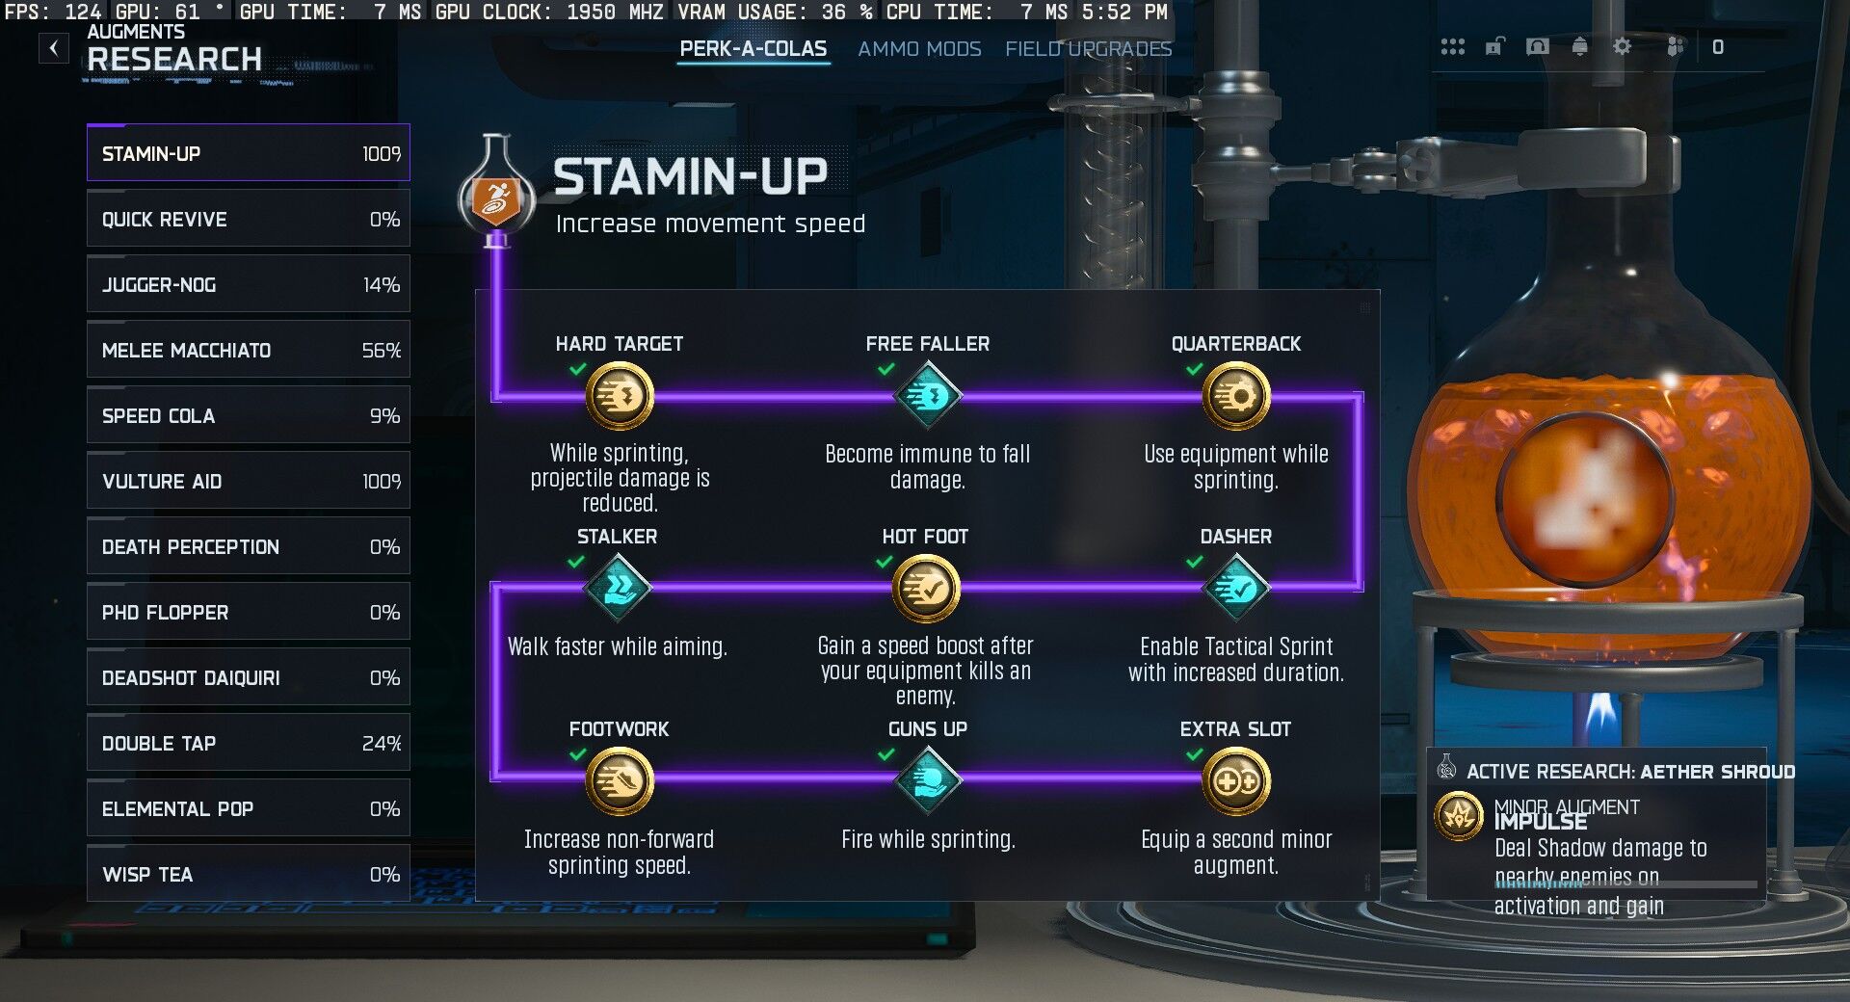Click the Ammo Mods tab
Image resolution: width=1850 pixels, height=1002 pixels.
[919, 49]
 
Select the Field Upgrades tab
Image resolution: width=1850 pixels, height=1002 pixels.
[1088, 49]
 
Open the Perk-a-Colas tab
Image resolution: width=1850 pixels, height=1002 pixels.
[753, 49]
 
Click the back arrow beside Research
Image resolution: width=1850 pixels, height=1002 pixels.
[54, 48]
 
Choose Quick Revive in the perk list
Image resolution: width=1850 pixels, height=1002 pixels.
[248, 220]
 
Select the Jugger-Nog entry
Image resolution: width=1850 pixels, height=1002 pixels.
[248, 285]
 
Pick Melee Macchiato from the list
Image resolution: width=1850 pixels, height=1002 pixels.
[248, 351]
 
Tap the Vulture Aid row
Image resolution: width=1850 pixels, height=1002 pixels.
[248, 482]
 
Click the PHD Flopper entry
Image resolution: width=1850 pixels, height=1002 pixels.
[248, 613]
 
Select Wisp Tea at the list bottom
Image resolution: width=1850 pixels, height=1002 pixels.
[248, 875]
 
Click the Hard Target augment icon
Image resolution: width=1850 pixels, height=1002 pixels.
[620, 396]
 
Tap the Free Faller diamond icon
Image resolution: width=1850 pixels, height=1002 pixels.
[928, 396]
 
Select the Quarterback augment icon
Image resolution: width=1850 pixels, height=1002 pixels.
[1236, 396]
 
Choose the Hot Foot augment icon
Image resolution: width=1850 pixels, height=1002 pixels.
[926, 589]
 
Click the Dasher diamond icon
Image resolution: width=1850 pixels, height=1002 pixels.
[1236, 589]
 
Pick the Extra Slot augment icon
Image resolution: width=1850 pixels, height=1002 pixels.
[1236, 781]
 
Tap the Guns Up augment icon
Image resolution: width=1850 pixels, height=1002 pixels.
[928, 781]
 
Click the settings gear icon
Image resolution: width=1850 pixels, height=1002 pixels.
[1623, 46]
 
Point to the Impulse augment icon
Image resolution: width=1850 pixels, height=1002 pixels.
[1459, 816]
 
